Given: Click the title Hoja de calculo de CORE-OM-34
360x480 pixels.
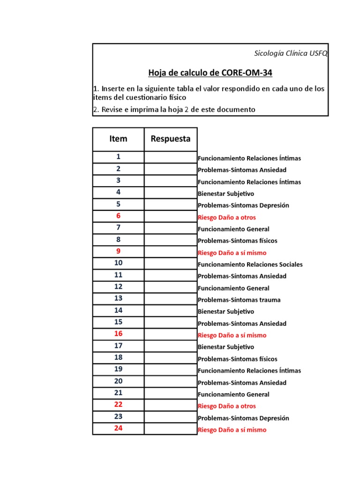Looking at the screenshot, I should tap(210, 73).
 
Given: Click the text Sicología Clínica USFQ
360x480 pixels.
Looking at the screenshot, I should tap(291, 53).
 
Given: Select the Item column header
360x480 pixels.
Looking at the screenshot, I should tap(118, 139).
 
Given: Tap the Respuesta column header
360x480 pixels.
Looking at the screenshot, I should tap(171, 139).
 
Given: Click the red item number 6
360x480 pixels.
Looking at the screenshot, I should tap(118, 216).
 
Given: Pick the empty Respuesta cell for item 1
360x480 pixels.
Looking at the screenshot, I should tap(171, 157).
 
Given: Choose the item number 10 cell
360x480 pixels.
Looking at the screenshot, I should tap(118, 263).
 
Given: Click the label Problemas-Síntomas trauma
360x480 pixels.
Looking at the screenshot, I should tap(239, 300).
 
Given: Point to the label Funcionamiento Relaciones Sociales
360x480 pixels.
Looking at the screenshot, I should tap(250, 264).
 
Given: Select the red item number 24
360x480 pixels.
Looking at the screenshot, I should tap(118, 428).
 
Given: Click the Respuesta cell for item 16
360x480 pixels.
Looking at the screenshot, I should tap(171, 334).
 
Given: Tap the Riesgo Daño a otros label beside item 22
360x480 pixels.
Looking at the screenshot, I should tap(227, 406).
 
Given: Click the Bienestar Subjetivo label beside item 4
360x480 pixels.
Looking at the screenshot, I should tap(226, 194).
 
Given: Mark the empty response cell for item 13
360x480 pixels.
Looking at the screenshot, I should tap(171, 299).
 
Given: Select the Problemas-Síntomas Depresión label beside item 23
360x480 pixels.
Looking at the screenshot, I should tap(243, 418).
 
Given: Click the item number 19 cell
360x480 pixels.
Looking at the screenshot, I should tap(118, 369).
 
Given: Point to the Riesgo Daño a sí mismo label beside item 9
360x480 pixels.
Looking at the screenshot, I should tap(232, 253).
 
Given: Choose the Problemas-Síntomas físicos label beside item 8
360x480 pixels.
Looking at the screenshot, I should tap(237, 241).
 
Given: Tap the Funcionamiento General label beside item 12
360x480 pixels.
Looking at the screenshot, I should tap(233, 288).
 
